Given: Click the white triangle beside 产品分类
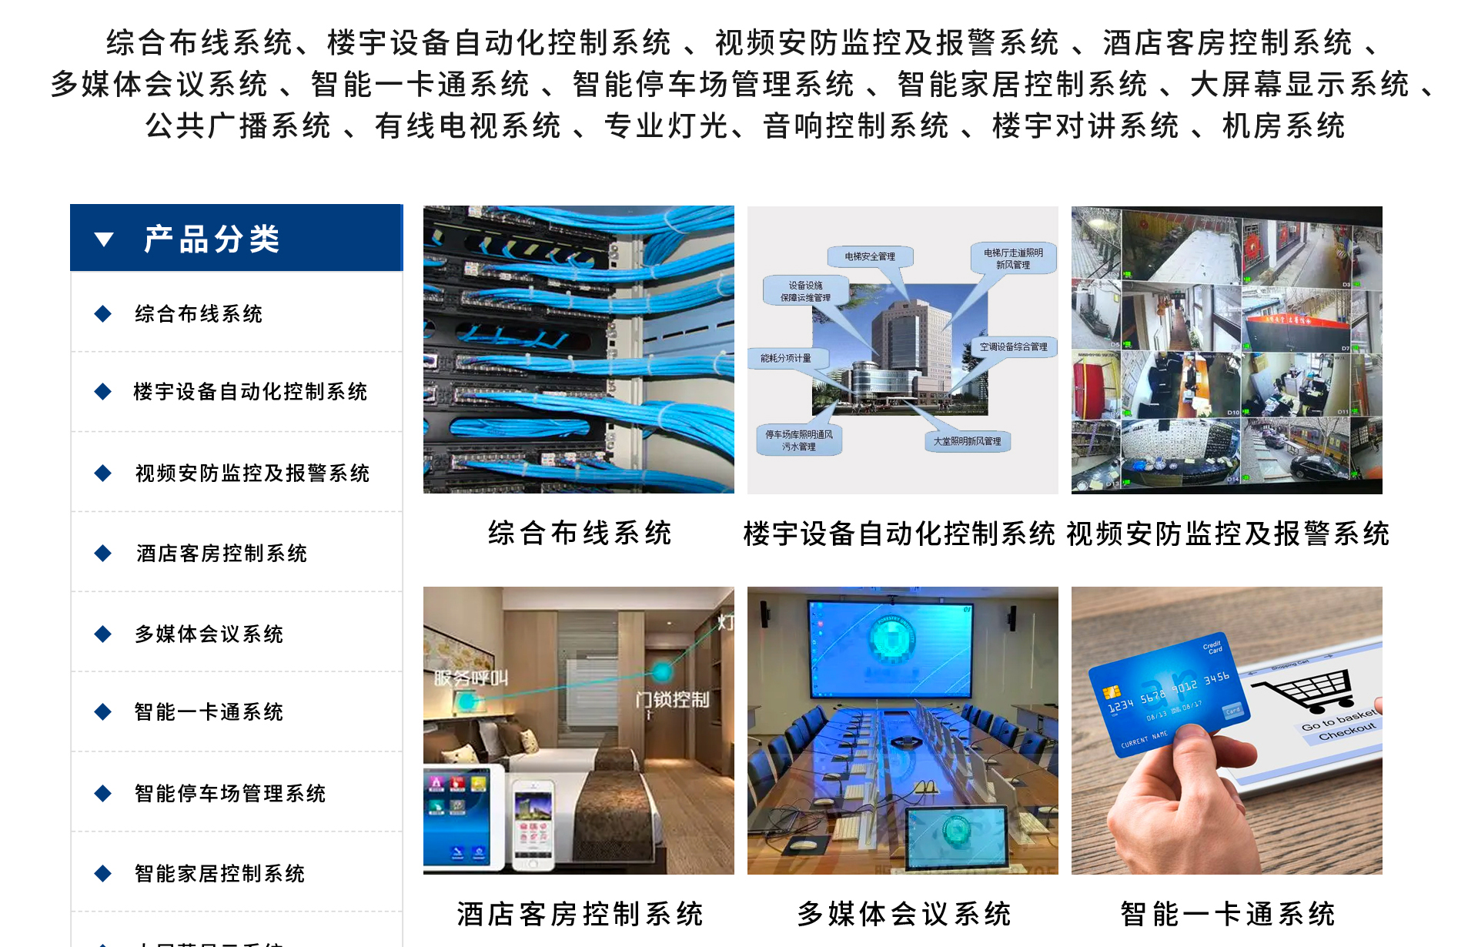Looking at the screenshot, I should pyautogui.click(x=104, y=239).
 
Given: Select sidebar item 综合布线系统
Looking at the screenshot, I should pyautogui.click(x=199, y=314).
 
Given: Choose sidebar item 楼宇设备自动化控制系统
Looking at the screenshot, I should pyautogui.click(x=250, y=392).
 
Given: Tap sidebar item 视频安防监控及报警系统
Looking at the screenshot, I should pyautogui.click(x=252, y=473).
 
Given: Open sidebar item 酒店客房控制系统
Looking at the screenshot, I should pyautogui.click(x=222, y=554).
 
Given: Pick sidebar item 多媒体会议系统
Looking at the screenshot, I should pyautogui.click(x=209, y=634).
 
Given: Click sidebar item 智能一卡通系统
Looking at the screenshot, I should pyautogui.click(x=209, y=712).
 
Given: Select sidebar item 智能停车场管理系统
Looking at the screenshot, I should pyautogui.click(x=230, y=794).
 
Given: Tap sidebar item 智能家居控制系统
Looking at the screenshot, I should pyautogui.click(x=219, y=874).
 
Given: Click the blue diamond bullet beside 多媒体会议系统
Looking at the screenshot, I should pyautogui.click(x=103, y=634).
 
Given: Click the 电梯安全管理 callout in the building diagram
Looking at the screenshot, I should pyautogui.click(x=870, y=256).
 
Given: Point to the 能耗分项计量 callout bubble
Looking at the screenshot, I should pyautogui.click(x=786, y=358).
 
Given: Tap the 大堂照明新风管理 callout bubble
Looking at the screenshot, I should pyautogui.click(x=968, y=441).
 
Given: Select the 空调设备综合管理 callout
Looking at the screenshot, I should pyautogui.click(x=1014, y=347).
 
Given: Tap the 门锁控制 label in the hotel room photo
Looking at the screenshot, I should pyautogui.click(x=672, y=699).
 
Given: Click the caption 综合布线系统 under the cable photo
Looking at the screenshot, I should pyautogui.click(x=580, y=533).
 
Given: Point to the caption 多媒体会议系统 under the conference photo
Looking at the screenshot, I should pyautogui.click(x=904, y=914).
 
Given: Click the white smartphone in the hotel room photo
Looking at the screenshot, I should pyautogui.click(x=533, y=825).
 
